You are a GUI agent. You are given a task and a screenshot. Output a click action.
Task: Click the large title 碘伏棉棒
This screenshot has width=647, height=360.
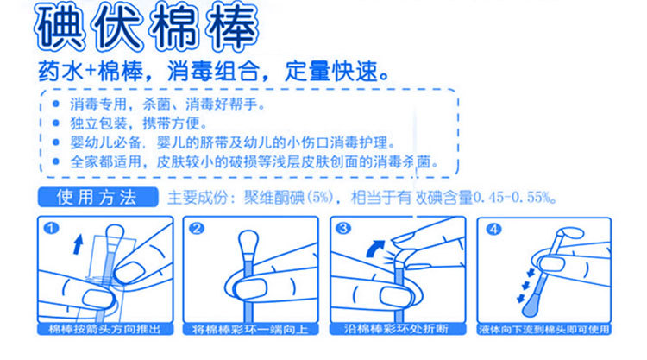pos(147,27)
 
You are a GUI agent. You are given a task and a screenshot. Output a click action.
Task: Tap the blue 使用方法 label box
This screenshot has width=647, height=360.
pos(97,197)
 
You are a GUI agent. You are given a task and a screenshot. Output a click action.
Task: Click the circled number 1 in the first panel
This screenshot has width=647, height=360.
pos(51,228)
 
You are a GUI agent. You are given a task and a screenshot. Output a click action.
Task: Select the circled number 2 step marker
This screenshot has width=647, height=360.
pos(197,228)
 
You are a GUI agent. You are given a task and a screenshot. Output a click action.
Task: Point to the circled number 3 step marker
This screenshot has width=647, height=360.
pos(343,228)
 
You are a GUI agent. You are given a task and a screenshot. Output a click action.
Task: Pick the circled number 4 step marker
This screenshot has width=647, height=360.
pos(493,229)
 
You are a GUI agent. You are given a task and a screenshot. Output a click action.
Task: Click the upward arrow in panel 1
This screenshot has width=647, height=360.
pos(78,244)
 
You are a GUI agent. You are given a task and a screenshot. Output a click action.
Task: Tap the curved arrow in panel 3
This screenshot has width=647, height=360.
pos(375,249)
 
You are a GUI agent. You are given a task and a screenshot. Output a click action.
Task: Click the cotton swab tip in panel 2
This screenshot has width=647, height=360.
pos(248,243)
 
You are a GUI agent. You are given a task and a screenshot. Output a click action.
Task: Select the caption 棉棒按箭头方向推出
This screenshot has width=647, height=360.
pos(104,329)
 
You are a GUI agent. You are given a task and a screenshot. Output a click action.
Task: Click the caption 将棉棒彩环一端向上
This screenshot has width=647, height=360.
pos(250,330)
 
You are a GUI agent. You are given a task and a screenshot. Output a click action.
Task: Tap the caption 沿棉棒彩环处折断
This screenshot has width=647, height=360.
pos(397,329)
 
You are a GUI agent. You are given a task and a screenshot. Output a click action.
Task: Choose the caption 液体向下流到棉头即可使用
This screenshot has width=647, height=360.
pos(543,330)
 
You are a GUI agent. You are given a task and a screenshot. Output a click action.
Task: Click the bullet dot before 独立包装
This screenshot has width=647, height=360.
pos(56,123)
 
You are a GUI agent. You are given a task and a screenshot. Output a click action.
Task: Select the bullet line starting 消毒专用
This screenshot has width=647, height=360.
pos(167,104)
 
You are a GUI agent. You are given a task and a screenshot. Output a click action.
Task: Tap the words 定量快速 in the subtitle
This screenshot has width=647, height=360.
pos(336,72)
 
